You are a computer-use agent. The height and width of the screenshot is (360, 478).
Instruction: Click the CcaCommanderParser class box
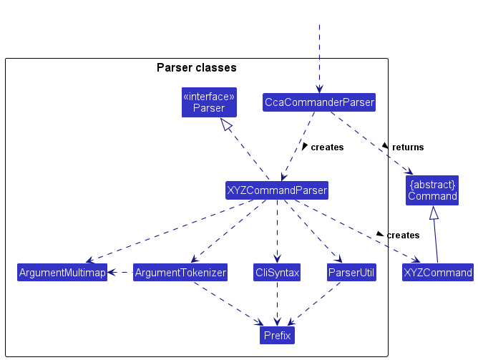(319, 102)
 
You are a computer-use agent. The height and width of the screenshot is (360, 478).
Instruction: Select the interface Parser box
(209, 102)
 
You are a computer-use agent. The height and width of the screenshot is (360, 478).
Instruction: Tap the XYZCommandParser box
(277, 190)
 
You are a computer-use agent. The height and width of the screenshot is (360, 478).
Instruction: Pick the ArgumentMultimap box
(62, 273)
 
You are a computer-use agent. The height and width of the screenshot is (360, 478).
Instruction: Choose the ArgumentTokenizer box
(180, 273)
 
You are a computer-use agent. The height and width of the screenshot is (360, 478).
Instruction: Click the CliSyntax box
(277, 273)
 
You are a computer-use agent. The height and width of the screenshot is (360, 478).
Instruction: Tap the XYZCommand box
(438, 273)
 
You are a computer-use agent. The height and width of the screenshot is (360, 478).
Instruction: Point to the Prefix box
(277, 335)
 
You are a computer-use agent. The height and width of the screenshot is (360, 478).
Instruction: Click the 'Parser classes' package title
(196, 68)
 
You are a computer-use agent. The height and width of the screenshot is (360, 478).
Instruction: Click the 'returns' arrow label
(407, 147)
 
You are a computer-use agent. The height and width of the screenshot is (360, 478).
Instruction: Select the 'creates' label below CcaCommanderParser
(327, 147)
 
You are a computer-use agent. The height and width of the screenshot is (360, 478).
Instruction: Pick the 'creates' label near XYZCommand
(403, 235)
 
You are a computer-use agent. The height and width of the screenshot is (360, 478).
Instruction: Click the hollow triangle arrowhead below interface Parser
(226, 125)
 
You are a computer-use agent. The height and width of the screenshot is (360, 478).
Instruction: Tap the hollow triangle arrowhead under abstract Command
(432, 213)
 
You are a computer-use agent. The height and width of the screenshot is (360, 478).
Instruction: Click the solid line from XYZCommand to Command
(435, 240)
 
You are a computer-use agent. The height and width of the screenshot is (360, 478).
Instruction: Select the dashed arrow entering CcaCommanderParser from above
(319, 57)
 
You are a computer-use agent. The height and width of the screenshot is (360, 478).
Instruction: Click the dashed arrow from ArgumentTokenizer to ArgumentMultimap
(120, 273)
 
